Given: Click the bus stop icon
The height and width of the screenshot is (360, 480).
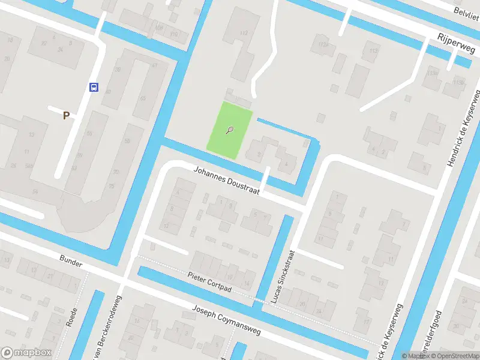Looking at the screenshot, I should point(94,87).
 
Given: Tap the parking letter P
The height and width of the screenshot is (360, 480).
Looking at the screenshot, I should point(66,116).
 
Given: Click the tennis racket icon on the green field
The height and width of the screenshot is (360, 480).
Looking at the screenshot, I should point(230,130).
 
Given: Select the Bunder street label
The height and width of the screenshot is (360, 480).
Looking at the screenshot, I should point(70,260).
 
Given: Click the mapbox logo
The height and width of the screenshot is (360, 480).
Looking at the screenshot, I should point(26,352).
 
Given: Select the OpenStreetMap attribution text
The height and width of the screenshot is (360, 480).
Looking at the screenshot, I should point(455,356).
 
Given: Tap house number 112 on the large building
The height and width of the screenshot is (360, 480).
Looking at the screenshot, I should point(243,32).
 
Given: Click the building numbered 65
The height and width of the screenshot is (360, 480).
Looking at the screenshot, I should point(143,98).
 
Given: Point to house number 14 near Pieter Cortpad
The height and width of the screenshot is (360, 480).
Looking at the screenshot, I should point(246,283).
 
